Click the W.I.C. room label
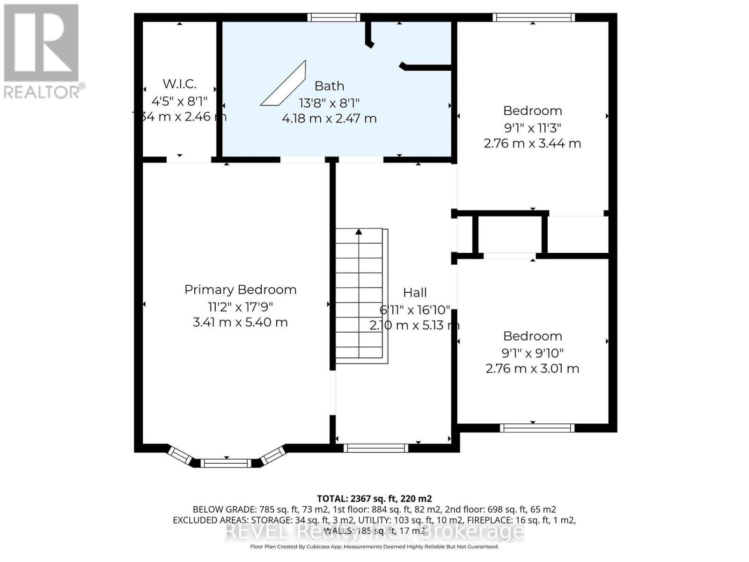pyautogui.click(x=179, y=84)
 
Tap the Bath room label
pyautogui.click(x=329, y=86)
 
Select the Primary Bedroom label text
pyautogui.click(x=240, y=289)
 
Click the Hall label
pyautogui.click(x=415, y=293)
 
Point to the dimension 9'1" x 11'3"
pyautogui.click(x=532, y=127)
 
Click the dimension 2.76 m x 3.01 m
pyautogui.click(x=532, y=369)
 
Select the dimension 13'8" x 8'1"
pyautogui.click(x=329, y=103)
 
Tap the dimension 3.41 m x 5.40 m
pyautogui.click(x=240, y=322)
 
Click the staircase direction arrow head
pyautogui.click(x=359, y=231)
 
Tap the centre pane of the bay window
pyautogui.click(x=226, y=463)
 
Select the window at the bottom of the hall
pyautogui.click(x=376, y=448)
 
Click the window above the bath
pyautogui.click(x=334, y=17)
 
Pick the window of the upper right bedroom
pyautogui.click(x=533, y=17)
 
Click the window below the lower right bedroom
pyautogui.click(x=537, y=428)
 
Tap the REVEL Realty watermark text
pyautogui.click(x=374, y=532)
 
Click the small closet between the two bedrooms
pyautogui.click(x=510, y=234)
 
